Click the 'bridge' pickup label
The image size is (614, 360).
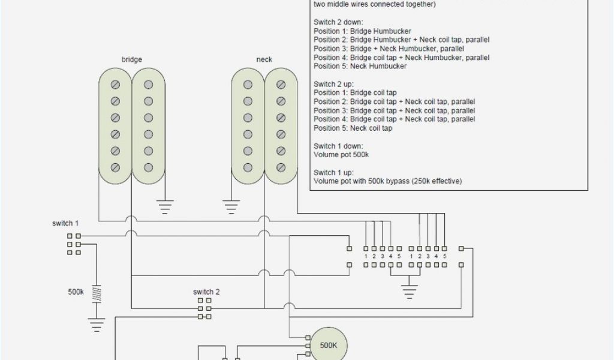(x=132, y=59)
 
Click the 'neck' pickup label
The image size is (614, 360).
(x=264, y=59)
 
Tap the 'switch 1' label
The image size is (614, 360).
(x=65, y=223)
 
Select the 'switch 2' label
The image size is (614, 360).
(x=206, y=292)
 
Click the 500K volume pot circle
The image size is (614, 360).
(x=328, y=346)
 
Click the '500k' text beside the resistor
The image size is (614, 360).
(x=76, y=293)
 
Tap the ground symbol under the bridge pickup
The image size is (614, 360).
(x=164, y=207)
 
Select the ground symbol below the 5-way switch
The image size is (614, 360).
(x=410, y=292)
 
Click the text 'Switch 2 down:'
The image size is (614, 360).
(x=338, y=22)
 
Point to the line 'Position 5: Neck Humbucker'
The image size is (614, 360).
(x=360, y=66)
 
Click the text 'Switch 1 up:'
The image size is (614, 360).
(x=333, y=172)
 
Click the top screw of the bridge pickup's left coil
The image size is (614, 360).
(x=116, y=85)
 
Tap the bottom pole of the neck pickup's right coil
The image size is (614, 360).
(x=280, y=166)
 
